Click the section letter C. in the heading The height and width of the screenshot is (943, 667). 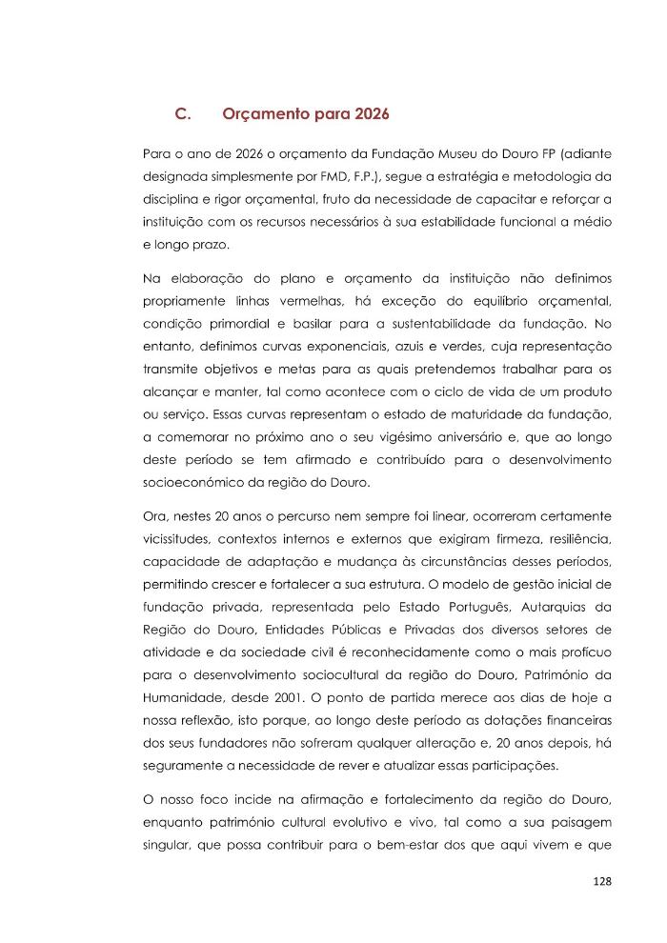point(184,114)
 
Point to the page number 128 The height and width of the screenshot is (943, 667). point(601,881)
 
